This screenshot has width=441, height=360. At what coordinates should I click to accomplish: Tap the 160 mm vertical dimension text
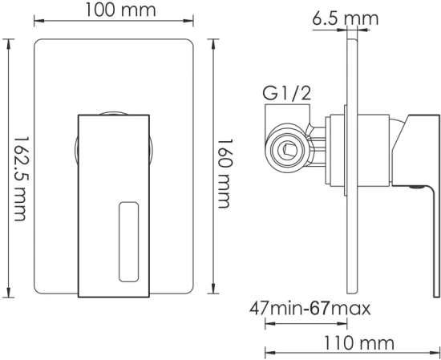pyautogui.click(x=229, y=167)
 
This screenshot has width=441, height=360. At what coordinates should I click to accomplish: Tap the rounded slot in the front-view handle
pyautogui.click(x=129, y=241)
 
